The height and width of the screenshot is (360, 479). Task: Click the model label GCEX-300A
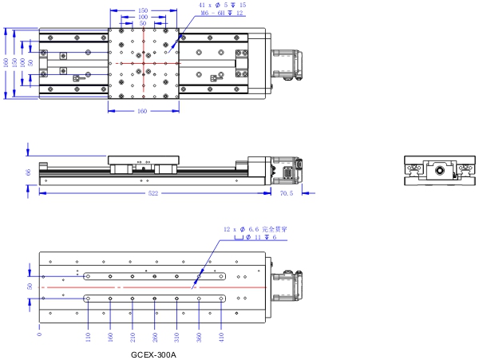[x=153, y=354]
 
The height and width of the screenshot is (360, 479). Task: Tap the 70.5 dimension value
[x=287, y=194]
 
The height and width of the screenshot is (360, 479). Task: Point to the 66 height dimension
[x=28, y=172]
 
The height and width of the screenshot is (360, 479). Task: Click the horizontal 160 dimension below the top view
[x=142, y=111]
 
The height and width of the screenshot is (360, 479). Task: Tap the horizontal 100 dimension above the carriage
[x=142, y=17]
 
